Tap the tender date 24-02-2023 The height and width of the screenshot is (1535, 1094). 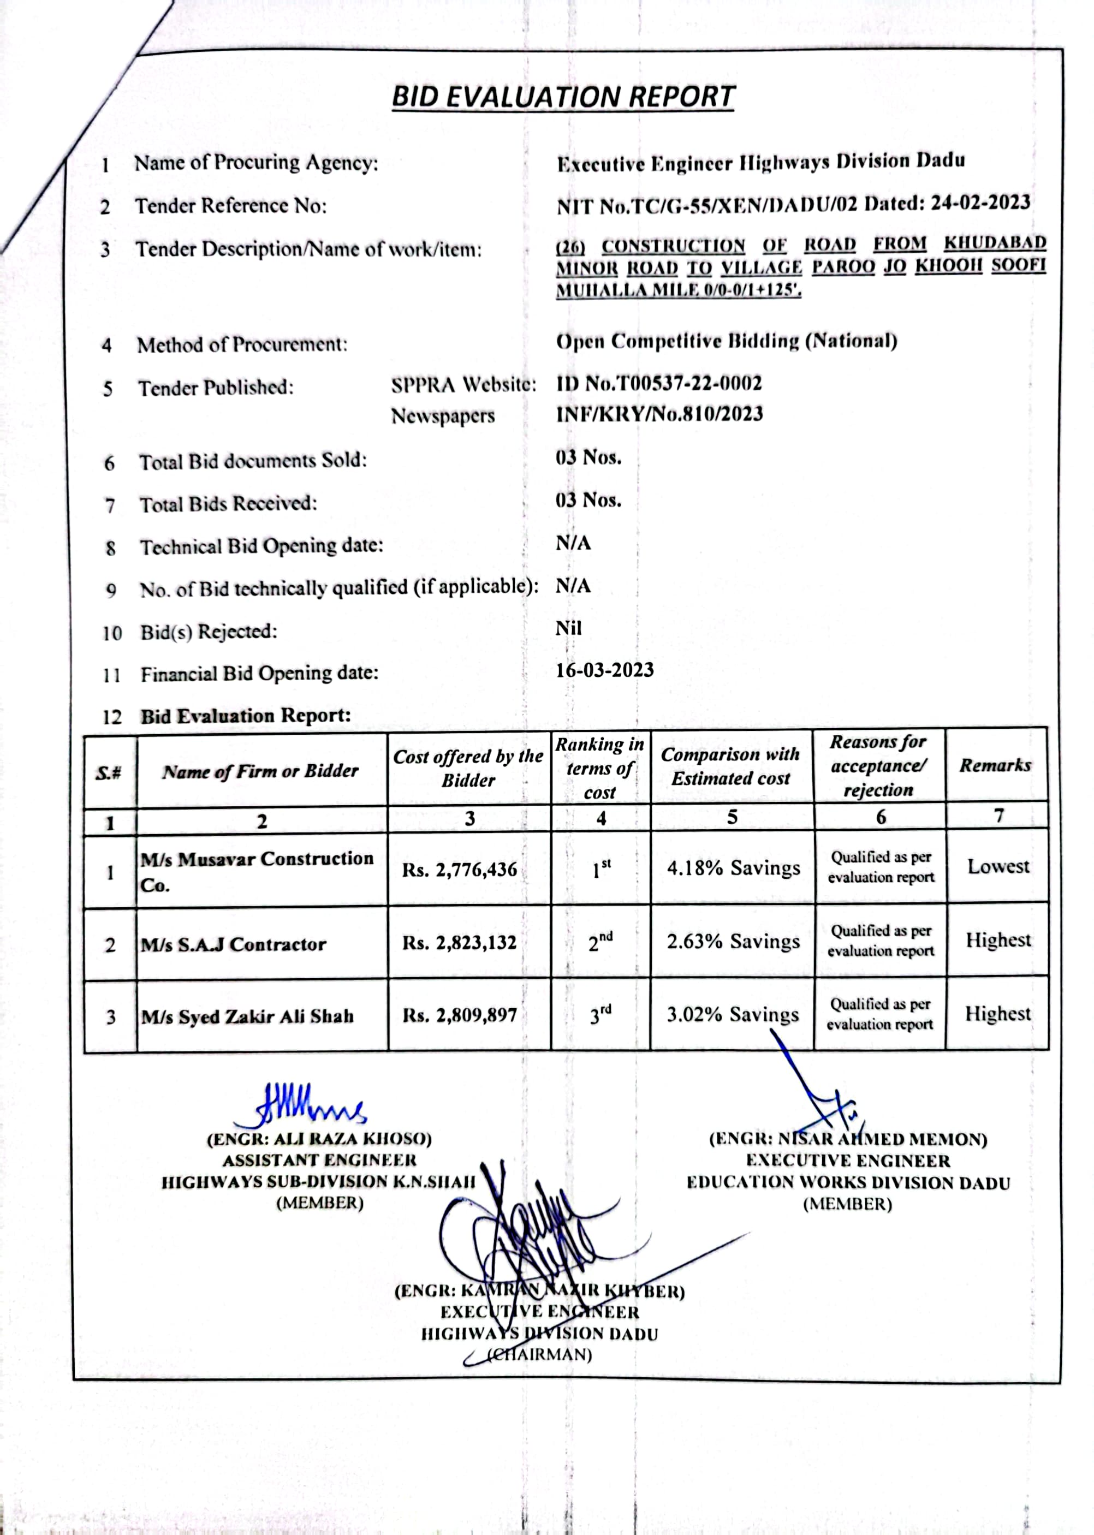pos(980,203)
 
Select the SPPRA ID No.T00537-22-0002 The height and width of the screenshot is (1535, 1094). pos(659,384)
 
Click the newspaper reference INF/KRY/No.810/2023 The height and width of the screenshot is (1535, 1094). pos(659,414)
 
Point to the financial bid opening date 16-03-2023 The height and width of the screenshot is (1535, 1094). pos(604,670)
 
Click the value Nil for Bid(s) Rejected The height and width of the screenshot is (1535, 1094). pos(568,628)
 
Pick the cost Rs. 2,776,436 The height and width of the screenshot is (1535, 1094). pos(460,870)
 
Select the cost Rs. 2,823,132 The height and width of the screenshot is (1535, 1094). pos(460,942)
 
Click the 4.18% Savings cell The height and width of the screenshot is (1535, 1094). pos(733,868)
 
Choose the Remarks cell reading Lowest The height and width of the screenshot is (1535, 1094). pos(998,866)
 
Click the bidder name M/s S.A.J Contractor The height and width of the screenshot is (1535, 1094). pos(233,944)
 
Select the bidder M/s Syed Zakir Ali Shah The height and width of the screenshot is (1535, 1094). pos(247,1016)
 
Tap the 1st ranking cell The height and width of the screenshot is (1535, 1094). pos(602,870)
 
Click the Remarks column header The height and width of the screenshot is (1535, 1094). pos(995,765)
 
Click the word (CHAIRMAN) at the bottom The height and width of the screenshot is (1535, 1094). pos(539,1354)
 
